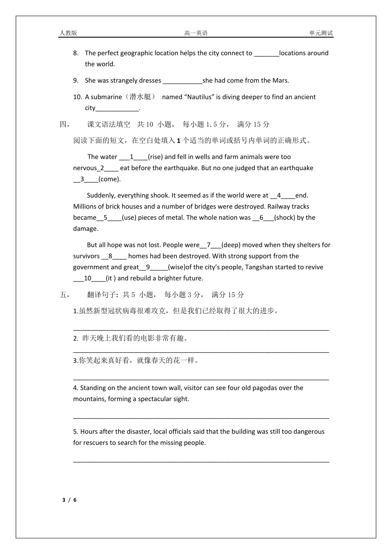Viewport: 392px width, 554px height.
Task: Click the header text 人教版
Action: tap(68, 33)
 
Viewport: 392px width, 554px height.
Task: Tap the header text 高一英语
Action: tap(196, 33)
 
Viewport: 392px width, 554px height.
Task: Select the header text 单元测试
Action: tap(321, 33)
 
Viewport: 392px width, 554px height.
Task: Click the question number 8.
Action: tap(76, 53)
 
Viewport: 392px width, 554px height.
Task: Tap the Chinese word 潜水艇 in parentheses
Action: tap(140, 97)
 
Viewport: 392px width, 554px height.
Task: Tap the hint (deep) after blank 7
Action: tap(231, 245)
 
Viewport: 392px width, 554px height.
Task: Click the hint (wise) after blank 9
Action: tap(177, 267)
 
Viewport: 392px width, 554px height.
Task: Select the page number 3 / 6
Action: tap(69, 500)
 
